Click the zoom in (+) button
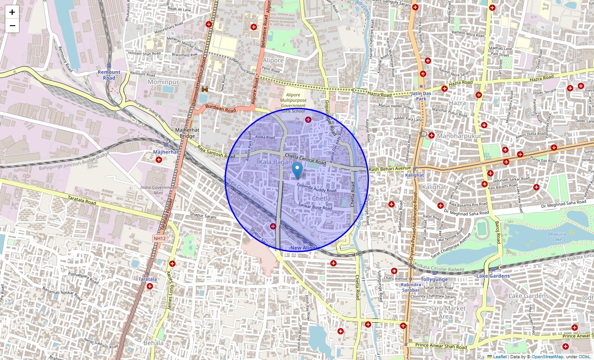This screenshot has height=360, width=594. [12, 12]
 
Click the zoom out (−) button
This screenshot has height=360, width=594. [12, 26]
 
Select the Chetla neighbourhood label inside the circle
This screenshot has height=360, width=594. [321, 198]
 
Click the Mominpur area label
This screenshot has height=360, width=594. [164, 82]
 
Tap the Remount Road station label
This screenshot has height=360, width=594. [109, 75]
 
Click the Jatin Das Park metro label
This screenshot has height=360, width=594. [421, 96]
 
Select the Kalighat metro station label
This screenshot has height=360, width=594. [414, 175]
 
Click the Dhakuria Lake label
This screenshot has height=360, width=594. [557, 237]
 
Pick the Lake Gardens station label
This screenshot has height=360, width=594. [493, 276]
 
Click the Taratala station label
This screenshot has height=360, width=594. [148, 279]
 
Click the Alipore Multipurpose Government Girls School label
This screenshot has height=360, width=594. [292, 103]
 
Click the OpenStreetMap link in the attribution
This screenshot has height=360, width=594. [547, 357]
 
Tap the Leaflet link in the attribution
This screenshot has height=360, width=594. [499, 357]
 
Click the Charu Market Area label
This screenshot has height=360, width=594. [445, 312]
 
